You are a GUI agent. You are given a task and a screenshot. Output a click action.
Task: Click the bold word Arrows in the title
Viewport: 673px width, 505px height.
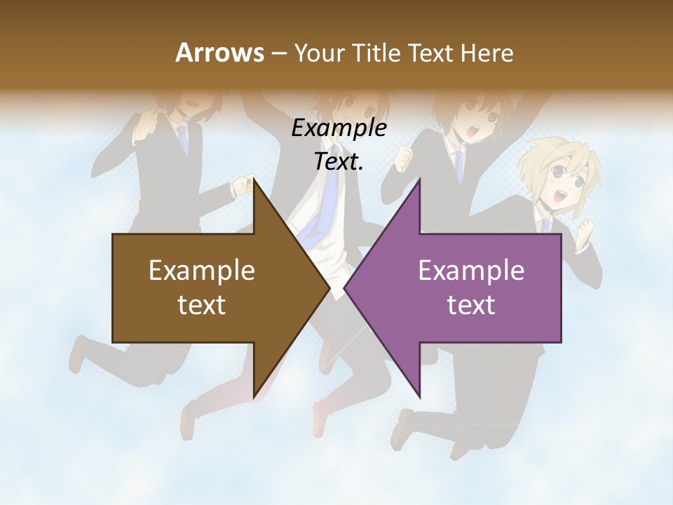[219, 53]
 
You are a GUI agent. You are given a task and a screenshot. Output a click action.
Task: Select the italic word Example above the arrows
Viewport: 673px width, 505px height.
[339, 128]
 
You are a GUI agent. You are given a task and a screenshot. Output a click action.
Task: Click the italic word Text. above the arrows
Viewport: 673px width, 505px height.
[339, 161]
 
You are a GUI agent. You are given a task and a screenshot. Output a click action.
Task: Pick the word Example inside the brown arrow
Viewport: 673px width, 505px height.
[201, 270]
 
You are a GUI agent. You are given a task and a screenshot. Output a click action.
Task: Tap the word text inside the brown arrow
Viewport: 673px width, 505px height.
[201, 305]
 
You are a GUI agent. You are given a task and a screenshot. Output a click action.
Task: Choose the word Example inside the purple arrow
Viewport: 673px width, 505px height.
[471, 270]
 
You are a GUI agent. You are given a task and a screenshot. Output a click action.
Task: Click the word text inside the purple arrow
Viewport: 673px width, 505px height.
[471, 305]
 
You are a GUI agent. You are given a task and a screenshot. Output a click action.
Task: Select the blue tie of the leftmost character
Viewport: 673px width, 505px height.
[182, 137]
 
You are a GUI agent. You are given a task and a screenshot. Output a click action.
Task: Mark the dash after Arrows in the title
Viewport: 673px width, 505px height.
[278, 53]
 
